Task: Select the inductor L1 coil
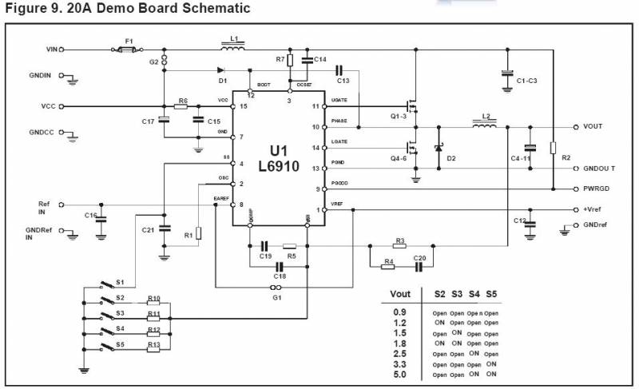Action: click(233, 48)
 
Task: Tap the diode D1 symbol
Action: click(220, 71)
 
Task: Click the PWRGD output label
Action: click(598, 189)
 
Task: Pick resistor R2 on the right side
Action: click(553, 148)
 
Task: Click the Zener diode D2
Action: click(438, 149)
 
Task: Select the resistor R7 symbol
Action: click(290, 60)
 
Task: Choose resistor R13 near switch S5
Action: click(154, 346)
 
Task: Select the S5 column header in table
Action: click(491, 294)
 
